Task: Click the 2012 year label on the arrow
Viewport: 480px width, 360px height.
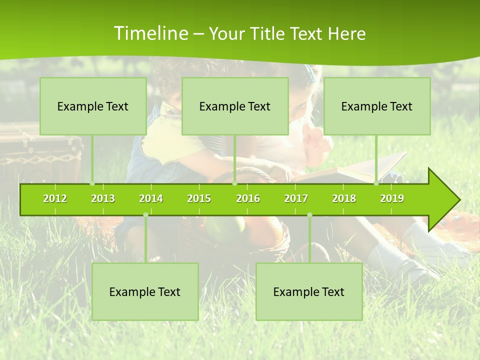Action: tap(55, 198)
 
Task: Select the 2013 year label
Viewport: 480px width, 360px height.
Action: tap(103, 198)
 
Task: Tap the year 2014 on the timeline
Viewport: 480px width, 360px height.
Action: tap(151, 198)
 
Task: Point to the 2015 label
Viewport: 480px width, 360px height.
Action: tap(199, 198)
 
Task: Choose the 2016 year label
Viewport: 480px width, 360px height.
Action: tap(248, 198)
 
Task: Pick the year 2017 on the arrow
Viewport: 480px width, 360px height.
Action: tap(296, 198)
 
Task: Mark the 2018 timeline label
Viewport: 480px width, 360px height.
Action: tap(344, 198)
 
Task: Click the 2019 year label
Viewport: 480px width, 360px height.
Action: tap(392, 198)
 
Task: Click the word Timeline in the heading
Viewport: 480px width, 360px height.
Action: tap(150, 33)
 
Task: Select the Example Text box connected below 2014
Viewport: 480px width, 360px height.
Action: tap(145, 291)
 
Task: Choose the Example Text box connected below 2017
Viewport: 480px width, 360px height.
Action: tap(309, 291)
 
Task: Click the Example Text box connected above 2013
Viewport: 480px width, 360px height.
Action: tap(93, 106)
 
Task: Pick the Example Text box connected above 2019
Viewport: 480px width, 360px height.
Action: tap(377, 106)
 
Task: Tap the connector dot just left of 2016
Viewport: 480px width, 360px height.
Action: tap(234, 183)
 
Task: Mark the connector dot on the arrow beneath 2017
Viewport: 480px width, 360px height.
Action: tap(309, 215)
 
